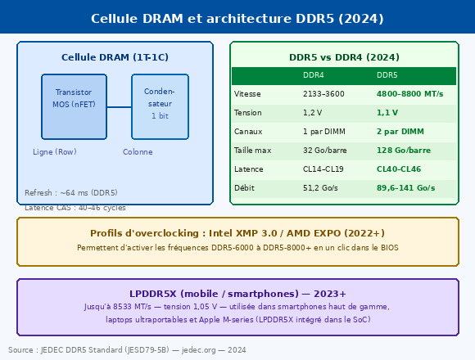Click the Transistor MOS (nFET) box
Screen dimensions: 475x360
click(74, 107)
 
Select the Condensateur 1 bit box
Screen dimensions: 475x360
click(160, 107)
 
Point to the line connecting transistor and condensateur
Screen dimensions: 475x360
click(119, 107)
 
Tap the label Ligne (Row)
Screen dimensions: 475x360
click(55, 152)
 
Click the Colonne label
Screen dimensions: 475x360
click(138, 152)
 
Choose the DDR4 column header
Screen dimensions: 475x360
click(313, 75)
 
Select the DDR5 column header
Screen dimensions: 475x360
click(387, 75)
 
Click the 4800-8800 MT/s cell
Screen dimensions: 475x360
click(409, 94)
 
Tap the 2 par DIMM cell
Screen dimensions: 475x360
click(400, 132)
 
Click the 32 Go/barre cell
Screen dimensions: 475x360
click(325, 151)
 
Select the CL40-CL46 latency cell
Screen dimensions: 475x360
click(399, 169)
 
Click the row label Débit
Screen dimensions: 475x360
click(244, 188)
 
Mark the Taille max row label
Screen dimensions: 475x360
click(252, 151)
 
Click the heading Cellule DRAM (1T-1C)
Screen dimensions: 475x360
click(115, 57)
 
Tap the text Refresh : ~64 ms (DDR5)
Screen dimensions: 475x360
click(71, 193)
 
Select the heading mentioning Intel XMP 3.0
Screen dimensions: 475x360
click(237, 233)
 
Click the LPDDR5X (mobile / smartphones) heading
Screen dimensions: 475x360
click(237, 294)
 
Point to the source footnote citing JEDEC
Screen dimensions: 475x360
click(127, 350)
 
